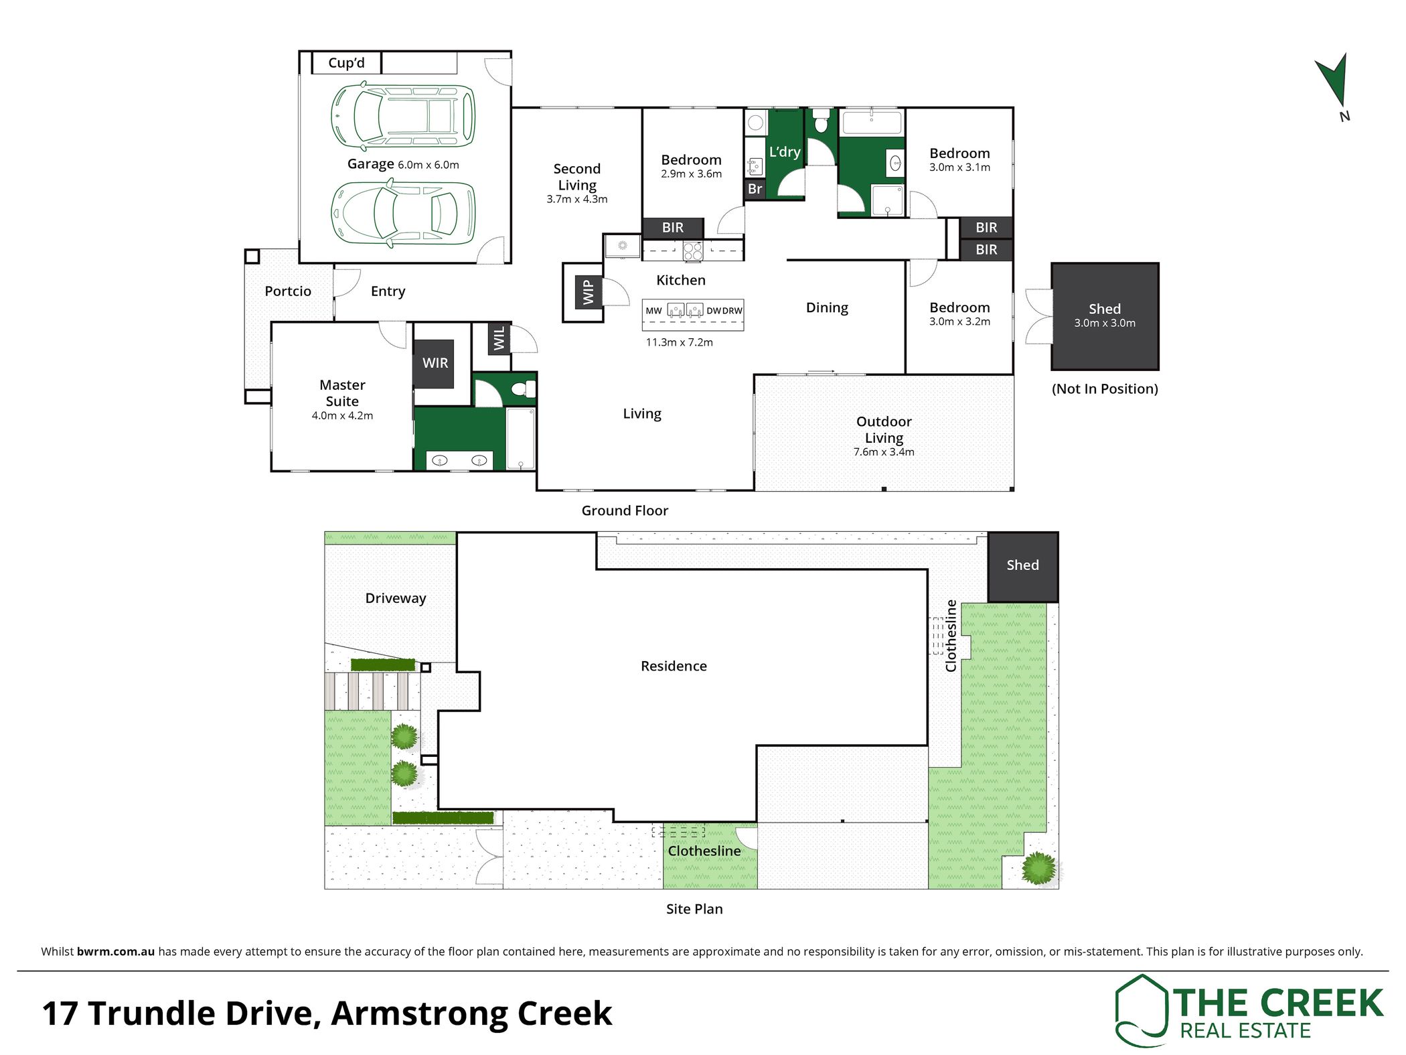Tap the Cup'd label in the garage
point(346,63)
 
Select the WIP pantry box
point(589,292)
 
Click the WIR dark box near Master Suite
point(435,363)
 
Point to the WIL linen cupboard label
point(499,338)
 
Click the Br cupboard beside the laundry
point(755,189)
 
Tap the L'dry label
point(785,152)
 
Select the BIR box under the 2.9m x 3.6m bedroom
point(673,228)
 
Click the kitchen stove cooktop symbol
point(693,251)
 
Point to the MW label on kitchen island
point(653,311)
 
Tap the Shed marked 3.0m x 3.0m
point(1105,316)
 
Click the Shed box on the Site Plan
point(1023,567)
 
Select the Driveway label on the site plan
point(396,598)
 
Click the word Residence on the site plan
point(674,666)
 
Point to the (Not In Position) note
point(1105,389)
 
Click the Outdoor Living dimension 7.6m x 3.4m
point(884,452)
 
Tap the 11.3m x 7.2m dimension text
point(679,342)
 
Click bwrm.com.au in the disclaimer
point(116,951)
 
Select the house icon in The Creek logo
point(1142,1010)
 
